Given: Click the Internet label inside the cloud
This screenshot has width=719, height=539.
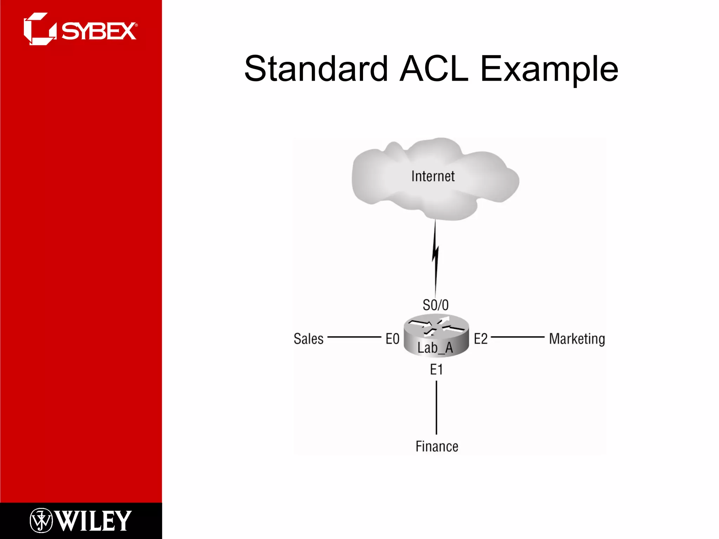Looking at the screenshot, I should coord(433,176).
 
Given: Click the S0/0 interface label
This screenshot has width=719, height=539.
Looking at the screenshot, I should coord(436,305).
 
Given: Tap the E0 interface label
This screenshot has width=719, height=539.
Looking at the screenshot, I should coord(393,339).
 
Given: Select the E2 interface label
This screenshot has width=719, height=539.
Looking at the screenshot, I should coord(481,339).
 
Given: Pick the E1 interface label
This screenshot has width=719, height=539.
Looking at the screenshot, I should coord(436,370).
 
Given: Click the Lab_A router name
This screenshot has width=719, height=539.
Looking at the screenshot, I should coord(435,348).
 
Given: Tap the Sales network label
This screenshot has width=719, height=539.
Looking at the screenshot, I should coord(309,339).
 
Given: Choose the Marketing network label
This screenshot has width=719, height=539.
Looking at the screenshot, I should coord(577,339).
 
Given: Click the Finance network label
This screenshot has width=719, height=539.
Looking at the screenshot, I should coord(437,446).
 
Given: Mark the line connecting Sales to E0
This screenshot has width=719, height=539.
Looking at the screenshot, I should coord(354,337).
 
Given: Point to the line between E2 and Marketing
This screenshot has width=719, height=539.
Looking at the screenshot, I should coord(517,337).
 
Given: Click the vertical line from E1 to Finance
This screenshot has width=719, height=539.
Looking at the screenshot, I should coord(436,407).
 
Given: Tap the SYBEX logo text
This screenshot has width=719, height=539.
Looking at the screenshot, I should coord(99,31).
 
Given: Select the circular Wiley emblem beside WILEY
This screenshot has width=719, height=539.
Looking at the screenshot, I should coord(41,520).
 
